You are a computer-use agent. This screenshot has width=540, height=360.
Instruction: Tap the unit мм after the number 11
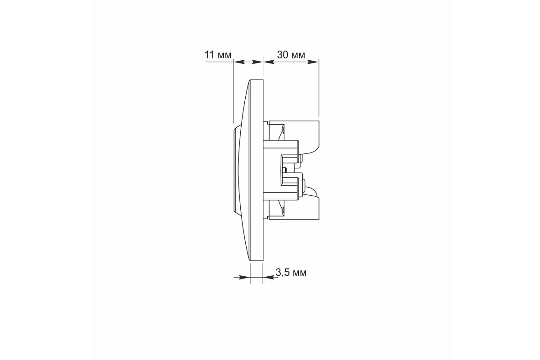coord(224,56)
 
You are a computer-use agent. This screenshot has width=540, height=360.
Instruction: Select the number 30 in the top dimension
coord(283,55)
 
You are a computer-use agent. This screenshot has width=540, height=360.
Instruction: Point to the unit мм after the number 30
coord(298,56)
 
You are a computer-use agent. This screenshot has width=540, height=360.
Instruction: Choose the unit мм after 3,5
coord(299,274)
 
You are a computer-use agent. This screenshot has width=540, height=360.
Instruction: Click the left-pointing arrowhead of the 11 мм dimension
coord(239,62)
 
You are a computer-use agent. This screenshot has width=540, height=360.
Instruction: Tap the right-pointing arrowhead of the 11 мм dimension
coord(257,62)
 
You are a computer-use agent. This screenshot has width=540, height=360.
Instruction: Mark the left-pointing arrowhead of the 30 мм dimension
coord(269,62)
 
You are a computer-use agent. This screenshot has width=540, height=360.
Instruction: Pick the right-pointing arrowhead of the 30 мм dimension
coord(313,62)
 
